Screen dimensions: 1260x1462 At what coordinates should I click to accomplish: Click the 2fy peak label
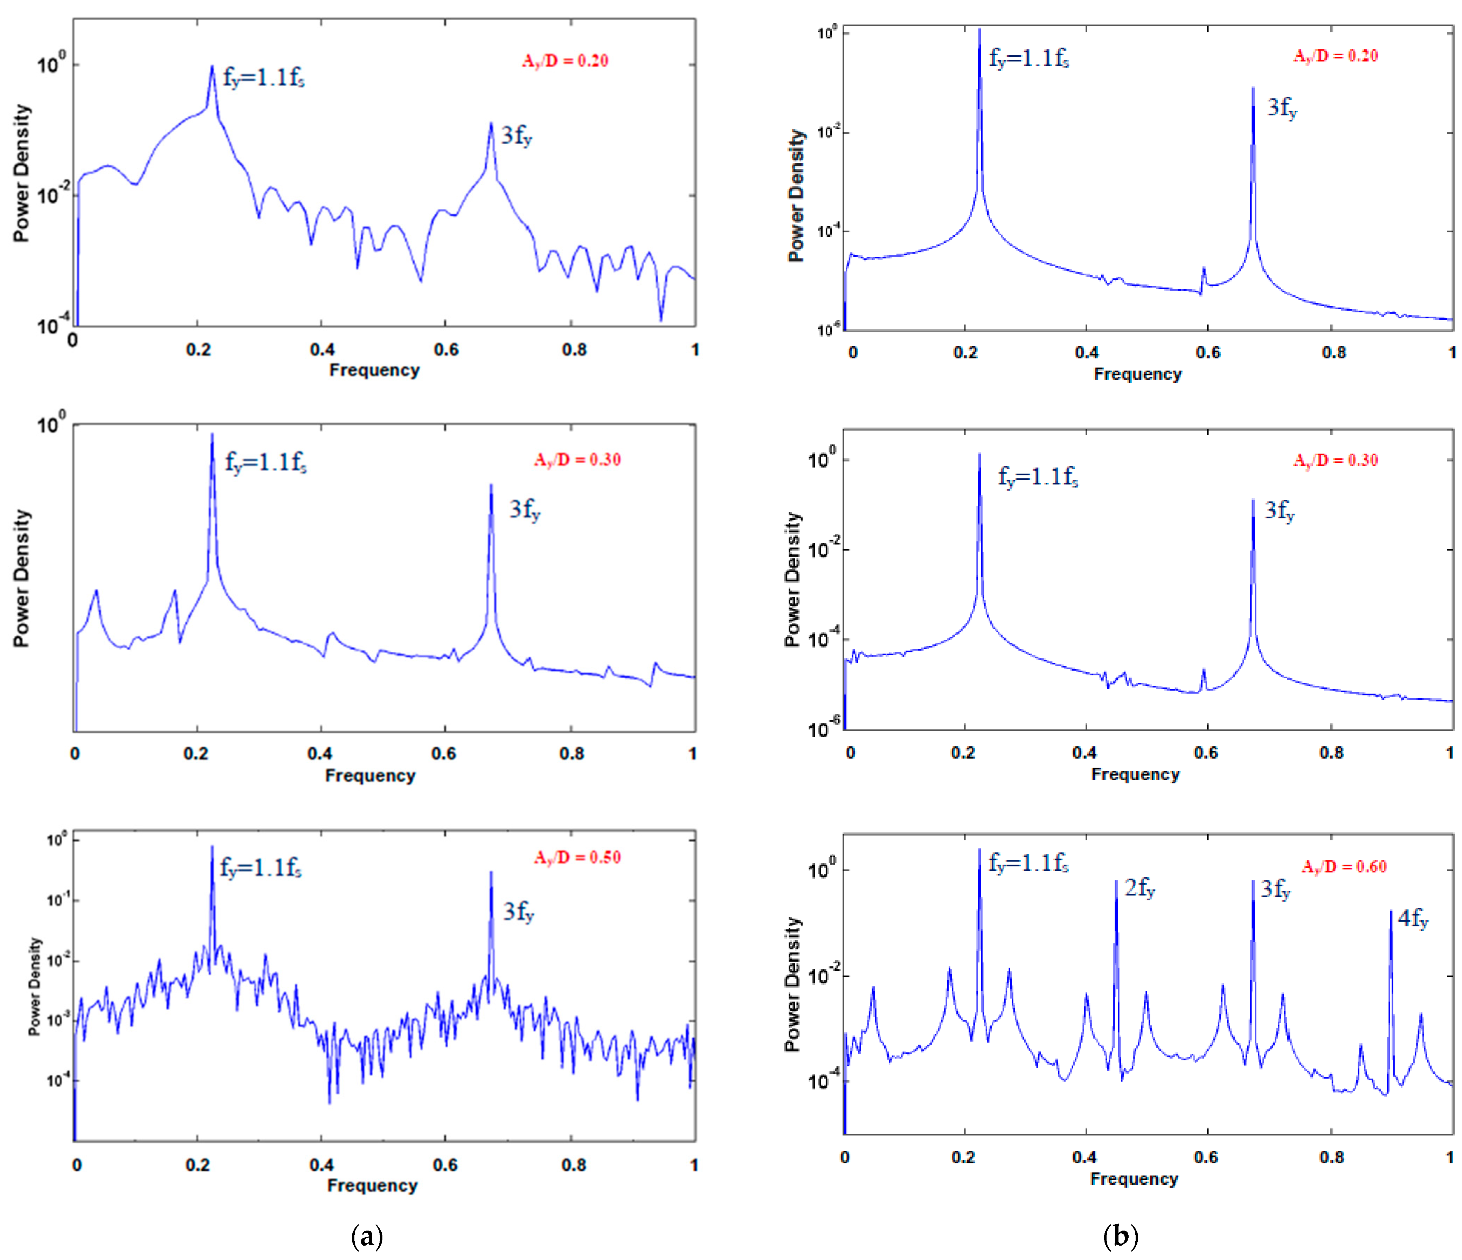click(1139, 888)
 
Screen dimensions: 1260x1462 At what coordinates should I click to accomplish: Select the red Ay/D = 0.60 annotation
click(1343, 867)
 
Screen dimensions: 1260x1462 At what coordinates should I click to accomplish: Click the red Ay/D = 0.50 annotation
click(577, 858)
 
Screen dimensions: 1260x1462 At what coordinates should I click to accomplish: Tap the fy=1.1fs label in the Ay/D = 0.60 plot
click(1028, 863)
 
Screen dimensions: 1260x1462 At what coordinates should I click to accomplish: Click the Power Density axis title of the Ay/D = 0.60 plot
click(793, 984)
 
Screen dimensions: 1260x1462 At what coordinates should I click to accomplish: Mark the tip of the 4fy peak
click(1391, 911)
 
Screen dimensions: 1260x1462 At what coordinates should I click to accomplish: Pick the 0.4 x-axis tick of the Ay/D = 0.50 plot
click(321, 1165)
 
